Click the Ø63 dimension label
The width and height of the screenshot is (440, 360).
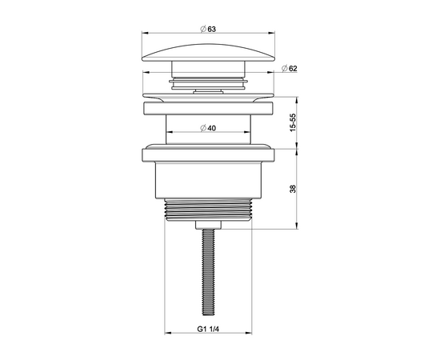coord(208,29)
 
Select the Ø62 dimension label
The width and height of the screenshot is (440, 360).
coord(289,68)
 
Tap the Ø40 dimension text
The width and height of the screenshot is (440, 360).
coord(208,128)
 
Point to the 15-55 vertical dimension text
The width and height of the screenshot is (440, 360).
coord(293,122)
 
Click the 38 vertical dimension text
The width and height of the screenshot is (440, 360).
coord(293,189)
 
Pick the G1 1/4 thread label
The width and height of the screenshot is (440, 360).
coord(208,329)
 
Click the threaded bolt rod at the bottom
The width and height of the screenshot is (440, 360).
coord(208,272)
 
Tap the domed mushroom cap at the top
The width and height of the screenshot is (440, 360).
coord(209,53)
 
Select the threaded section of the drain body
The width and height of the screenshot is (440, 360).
coord(208,210)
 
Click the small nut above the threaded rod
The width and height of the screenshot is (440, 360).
coord(208,225)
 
